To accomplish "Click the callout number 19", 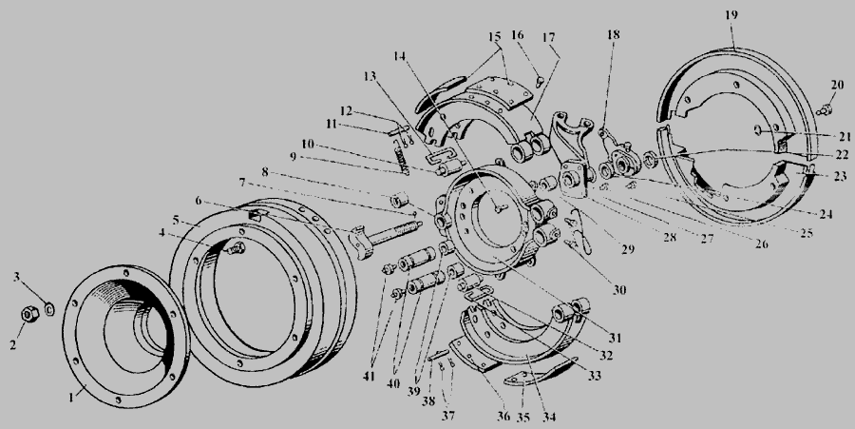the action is point(731,14).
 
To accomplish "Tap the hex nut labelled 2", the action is point(28,314).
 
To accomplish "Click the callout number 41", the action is point(370,376).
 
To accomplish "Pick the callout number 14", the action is point(400,56).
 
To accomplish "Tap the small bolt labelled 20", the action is point(826,110).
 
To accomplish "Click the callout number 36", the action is point(503,417).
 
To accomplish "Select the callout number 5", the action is point(176,220).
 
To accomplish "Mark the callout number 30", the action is point(618,290).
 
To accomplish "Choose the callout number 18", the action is point(614,34).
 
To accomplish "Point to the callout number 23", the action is point(839,176).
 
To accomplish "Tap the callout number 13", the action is point(370,76).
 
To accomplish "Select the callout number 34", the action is point(549,418).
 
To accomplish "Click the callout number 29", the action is point(628,249).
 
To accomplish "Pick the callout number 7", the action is point(242,182).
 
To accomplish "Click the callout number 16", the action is point(518,35).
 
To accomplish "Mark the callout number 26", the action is point(761,244).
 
